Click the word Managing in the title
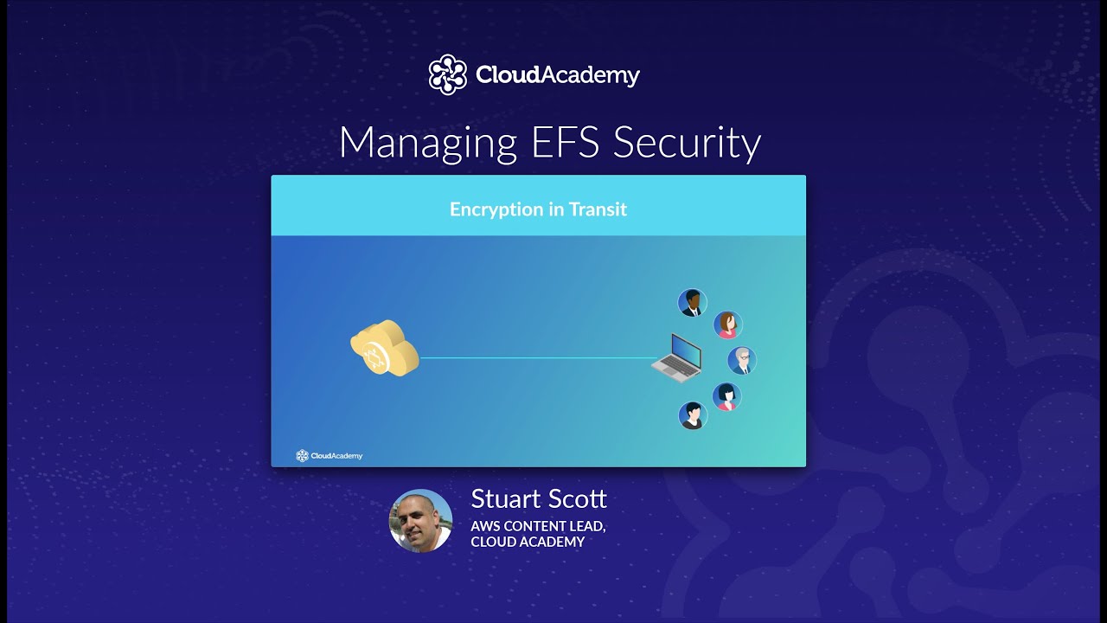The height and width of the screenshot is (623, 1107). pos(424,144)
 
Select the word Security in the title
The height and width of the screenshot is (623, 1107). pos(687,144)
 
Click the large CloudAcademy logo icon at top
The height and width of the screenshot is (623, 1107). pos(448,74)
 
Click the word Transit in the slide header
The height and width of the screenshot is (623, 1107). pos(598,209)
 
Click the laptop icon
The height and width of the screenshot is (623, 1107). pos(677,357)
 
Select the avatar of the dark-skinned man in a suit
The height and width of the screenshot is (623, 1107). pos(693,303)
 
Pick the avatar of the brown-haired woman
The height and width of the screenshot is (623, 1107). pos(728,324)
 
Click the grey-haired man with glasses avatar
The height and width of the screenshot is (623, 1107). pos(742,360)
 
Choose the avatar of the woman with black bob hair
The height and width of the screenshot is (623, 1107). pos(726,396)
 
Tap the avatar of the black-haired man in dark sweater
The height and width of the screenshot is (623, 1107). pos(693,415)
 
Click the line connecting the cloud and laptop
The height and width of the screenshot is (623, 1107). pos(536,357)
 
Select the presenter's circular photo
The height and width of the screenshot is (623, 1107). pos(421,520)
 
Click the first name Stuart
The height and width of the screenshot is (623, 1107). pos(502,499)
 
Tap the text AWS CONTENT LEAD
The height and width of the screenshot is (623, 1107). pos(537,525)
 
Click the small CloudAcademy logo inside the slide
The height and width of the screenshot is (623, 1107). pos(330,455)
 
